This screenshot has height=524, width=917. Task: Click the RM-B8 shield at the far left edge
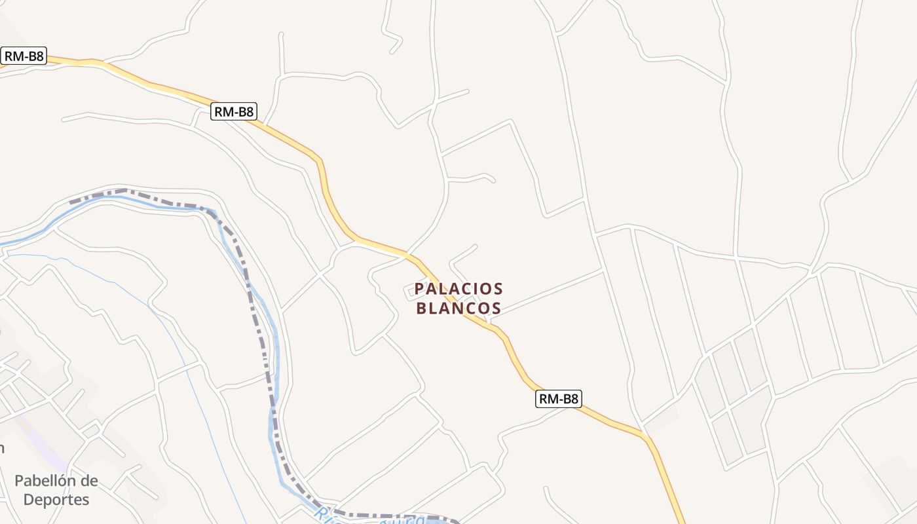24,56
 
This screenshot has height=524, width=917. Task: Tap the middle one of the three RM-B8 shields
234,112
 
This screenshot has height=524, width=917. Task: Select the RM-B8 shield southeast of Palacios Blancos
559,399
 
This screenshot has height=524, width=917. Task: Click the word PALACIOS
458,289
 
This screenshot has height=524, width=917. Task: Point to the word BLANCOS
458,309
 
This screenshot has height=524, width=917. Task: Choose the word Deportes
56,500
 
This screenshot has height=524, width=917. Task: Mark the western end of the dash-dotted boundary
71,201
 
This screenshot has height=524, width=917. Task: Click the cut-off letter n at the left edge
2,449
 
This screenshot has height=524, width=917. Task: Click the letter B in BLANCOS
422,309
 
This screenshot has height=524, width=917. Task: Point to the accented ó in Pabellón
73,481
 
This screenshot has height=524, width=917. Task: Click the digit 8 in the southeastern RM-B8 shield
574,399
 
